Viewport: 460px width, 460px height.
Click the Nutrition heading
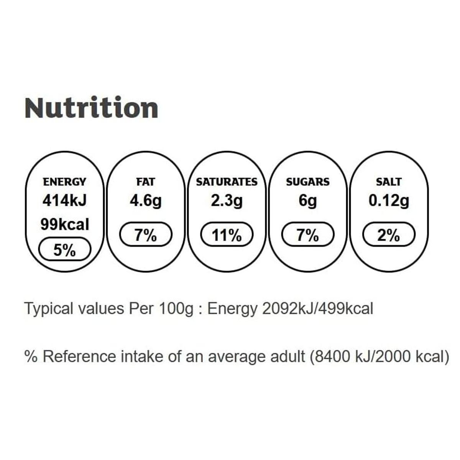coord(91,108)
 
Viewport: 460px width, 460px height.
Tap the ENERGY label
coord(64,182)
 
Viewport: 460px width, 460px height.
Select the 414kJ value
coord(64,201)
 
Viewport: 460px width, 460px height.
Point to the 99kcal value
coord(64,225)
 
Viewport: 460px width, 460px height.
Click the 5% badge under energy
coord(64,251)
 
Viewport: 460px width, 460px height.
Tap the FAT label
coord(146,182)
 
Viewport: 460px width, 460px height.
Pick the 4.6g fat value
coord(146,201)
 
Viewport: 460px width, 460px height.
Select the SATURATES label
coord(227,182)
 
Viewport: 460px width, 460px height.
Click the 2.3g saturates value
coord(227,201)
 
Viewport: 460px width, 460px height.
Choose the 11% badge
coord(227,235)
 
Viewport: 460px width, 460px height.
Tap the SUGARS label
coord(308,182)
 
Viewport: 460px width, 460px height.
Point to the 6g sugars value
coord(308,201)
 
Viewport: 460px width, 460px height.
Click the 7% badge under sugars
coord(308,235)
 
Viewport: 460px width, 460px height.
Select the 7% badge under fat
coord(146,235)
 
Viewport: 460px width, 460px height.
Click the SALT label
coord(389,182)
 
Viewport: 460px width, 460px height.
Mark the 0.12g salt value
coord(389,201)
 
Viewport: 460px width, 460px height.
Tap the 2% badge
coord(389,235)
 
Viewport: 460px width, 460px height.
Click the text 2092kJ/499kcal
coord(318,309)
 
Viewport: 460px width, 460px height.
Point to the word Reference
coord(79,356)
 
